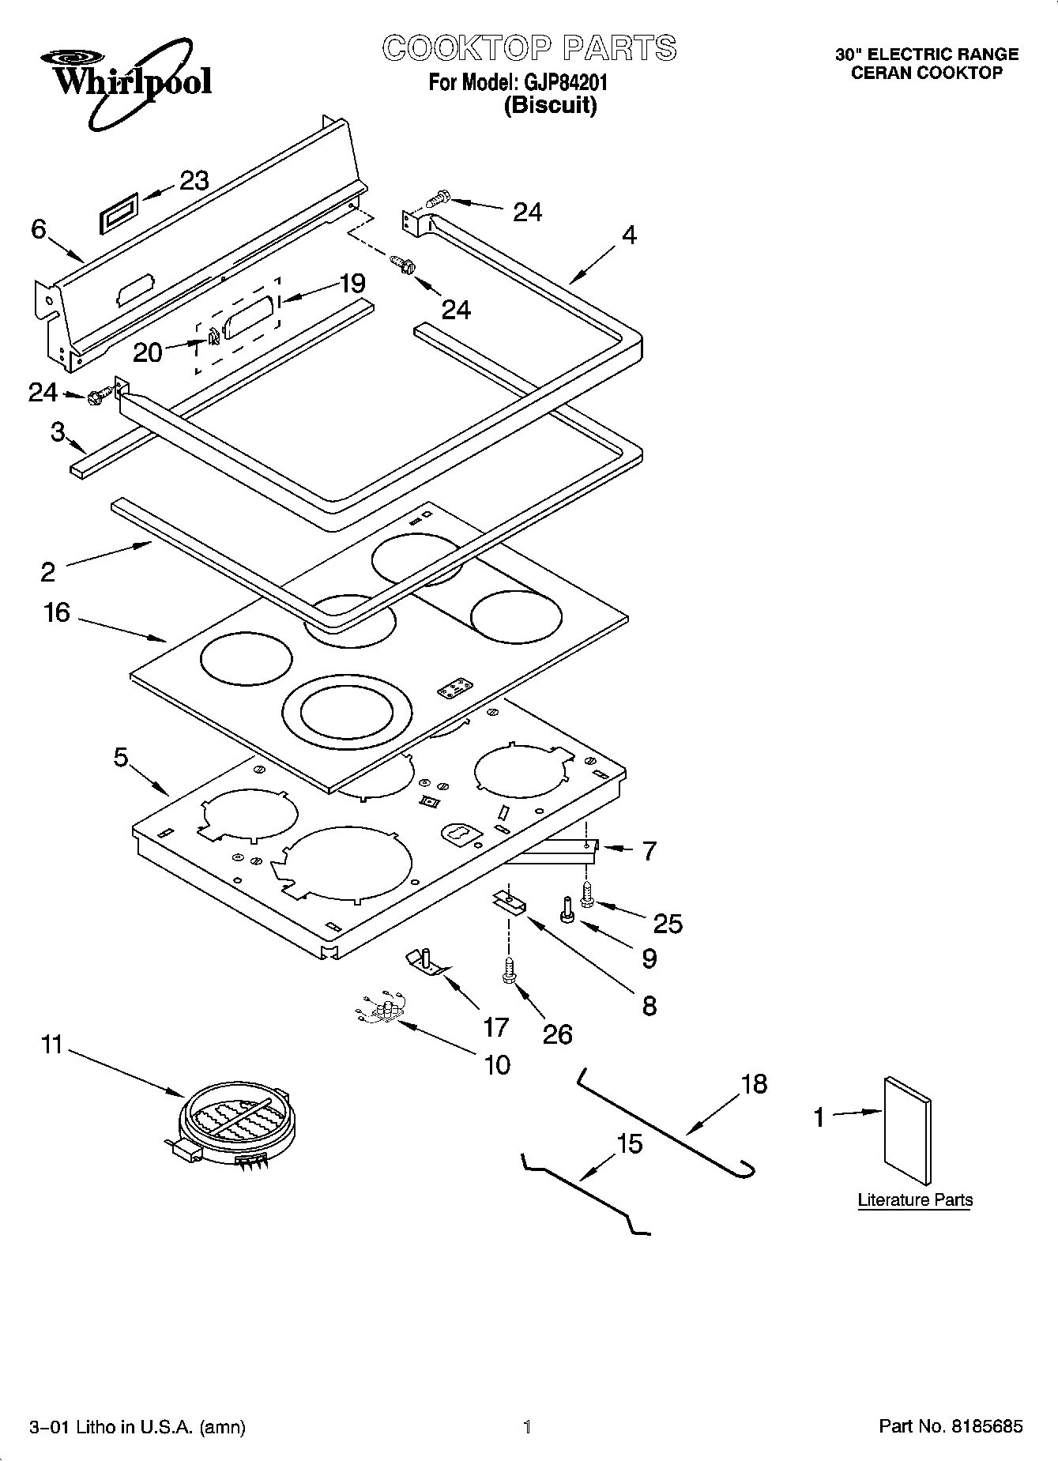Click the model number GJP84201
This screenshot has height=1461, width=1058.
[x=562, y=81]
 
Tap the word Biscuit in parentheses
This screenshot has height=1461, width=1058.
[x=551, y=105]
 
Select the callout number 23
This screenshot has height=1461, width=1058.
[x=194, y=181]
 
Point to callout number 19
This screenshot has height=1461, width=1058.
[x=352, y=283]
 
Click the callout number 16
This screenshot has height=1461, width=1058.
[x=57, y=612]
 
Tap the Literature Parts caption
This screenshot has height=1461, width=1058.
[x=915, y=1199]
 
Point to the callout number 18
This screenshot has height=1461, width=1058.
[x=754, y=1083]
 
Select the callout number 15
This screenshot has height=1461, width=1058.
[x=629, y=1143]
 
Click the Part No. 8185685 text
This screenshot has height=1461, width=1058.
[x=951, y=1426]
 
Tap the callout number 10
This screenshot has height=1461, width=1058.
[x=496, y=1065]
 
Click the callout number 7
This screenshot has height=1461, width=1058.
[x=649, y=851]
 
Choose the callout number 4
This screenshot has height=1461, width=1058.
[x=629, y=235]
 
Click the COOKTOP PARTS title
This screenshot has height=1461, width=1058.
[x=529, y=47]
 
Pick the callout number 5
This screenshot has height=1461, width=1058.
[x=120, y=757]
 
